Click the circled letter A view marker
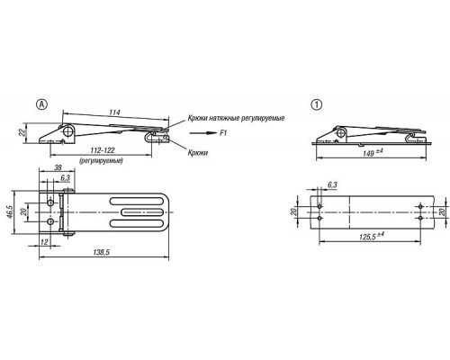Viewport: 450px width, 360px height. (42, 104)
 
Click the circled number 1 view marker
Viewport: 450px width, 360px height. (317, 104)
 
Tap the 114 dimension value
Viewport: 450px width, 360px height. (114, 112)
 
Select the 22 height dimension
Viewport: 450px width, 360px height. (22, 132)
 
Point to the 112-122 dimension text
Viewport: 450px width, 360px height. (103, 150)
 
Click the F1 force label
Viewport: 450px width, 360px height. (223, 133)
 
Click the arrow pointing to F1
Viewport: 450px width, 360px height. (202, 133)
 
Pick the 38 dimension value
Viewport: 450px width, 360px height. (58, 167)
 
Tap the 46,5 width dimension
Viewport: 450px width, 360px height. (10, 212)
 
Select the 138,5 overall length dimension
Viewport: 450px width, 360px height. (102, 252)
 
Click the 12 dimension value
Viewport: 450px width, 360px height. (44, 242)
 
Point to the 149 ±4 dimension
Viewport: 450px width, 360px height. (373, 153)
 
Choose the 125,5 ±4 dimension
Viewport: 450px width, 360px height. (372, 237)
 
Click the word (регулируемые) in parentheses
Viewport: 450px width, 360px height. (101, 161)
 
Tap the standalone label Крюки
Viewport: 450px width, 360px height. (198, 153)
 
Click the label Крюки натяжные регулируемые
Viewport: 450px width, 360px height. (236, 118)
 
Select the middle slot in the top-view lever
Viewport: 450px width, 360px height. (142, 212)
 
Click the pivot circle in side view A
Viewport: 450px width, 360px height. (68, 130)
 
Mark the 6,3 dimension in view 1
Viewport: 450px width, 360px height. (332, 184)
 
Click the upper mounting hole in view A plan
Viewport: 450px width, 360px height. (50, 202)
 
